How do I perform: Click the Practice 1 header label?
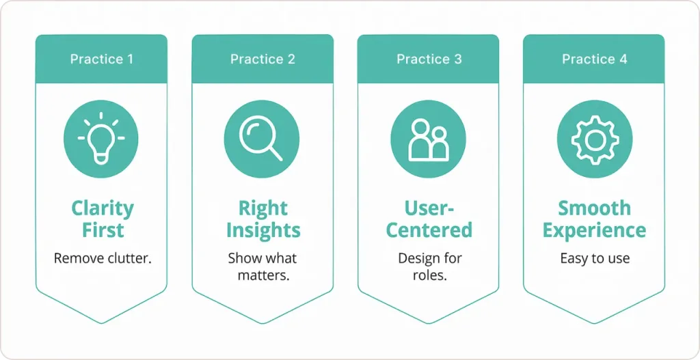click(x=101, y=59)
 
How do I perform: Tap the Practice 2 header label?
click(x=262, y=59)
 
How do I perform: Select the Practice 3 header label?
click(x=429, y=59)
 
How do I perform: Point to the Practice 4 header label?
click(x=594, y=59)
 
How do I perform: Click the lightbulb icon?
click(x=101, y=140)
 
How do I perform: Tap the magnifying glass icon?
click(x=262, y=140)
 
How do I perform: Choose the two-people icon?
click(x=428, y=140)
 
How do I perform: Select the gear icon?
click(x=594, y=140)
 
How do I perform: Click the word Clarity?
click(x=103, y=208)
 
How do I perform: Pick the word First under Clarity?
click(x=103, y=230)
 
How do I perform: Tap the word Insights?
click(x=263, y=230)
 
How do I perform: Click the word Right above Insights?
click(x=263, y=208)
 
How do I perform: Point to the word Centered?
click(x=429, y=230)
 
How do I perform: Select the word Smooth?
click(x=594, y=208)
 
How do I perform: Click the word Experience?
click(x=594, y=230)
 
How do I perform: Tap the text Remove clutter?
click(x=103, y=258)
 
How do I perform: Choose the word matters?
click(x=263, y=275)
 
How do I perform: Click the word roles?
click(x=429, y=275)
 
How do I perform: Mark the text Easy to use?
click(x=594, y=258)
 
